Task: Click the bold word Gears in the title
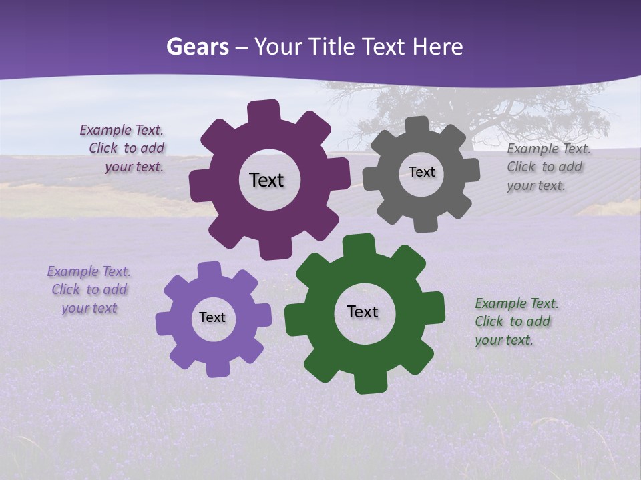197,47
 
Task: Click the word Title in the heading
334,47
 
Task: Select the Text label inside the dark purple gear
266,180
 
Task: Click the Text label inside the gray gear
421,172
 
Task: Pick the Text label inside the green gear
363,311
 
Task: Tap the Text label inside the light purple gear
212,317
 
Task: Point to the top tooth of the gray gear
417,125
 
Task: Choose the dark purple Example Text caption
123,148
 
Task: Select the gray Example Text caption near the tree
548,167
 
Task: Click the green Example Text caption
515,321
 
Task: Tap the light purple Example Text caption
89,289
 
